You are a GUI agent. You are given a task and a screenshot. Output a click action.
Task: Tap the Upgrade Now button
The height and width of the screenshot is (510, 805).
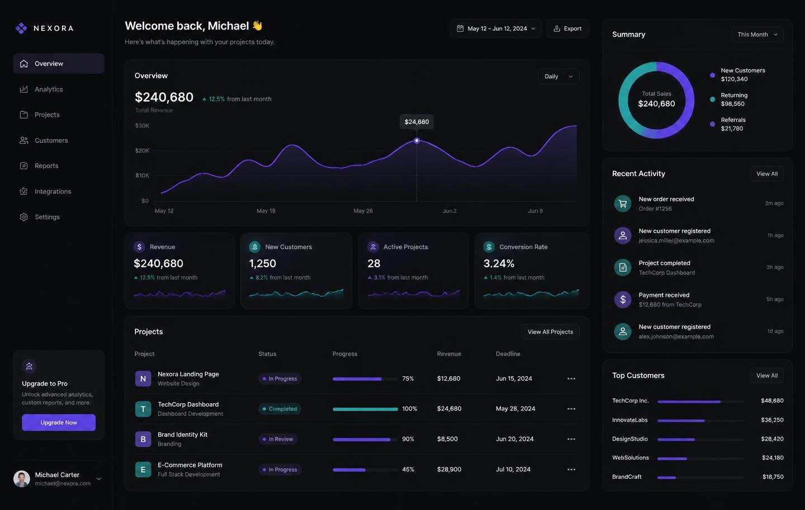[x=59, y=422]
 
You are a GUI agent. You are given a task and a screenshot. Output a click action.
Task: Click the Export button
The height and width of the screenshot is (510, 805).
[x=568, y=29]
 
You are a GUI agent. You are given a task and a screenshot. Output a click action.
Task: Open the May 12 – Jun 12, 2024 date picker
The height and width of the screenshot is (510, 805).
[x=495, y=29]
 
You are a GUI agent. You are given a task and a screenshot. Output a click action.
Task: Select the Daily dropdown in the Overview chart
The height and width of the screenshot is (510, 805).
[x=558, y=76]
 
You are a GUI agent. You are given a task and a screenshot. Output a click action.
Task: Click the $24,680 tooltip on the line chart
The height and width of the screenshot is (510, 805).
[x=416, y=121]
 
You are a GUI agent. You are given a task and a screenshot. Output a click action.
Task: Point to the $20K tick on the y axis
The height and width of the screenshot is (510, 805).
[x=142, y=150]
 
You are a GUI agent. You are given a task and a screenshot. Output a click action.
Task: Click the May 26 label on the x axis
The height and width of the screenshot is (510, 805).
[x=363, y=211]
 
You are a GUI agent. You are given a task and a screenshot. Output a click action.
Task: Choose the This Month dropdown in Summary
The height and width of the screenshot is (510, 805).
[x=757, y=35]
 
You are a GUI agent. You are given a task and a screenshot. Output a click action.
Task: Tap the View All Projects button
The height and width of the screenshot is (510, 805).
[x=550, y=332]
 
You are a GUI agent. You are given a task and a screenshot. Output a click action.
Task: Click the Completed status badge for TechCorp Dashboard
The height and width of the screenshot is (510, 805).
[x=280, y=409]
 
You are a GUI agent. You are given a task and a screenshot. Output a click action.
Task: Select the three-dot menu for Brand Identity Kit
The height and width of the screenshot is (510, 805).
[x=571, y=439]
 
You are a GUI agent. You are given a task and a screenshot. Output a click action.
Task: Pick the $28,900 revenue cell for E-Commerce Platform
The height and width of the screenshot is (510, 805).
[x=449, y=469]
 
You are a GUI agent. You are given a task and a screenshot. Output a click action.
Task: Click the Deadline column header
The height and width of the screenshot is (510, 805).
[x=508, y=353]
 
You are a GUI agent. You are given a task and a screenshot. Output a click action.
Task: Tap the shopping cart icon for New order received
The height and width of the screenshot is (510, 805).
[x=623, y=204]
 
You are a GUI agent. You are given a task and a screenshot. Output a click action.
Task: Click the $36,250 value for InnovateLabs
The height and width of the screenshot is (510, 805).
[x=773, y=420]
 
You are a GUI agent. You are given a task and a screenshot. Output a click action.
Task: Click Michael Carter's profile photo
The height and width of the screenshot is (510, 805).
[x=22, y=479]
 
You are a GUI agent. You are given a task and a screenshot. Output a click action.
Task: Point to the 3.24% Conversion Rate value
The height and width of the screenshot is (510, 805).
[x=499, y=263]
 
